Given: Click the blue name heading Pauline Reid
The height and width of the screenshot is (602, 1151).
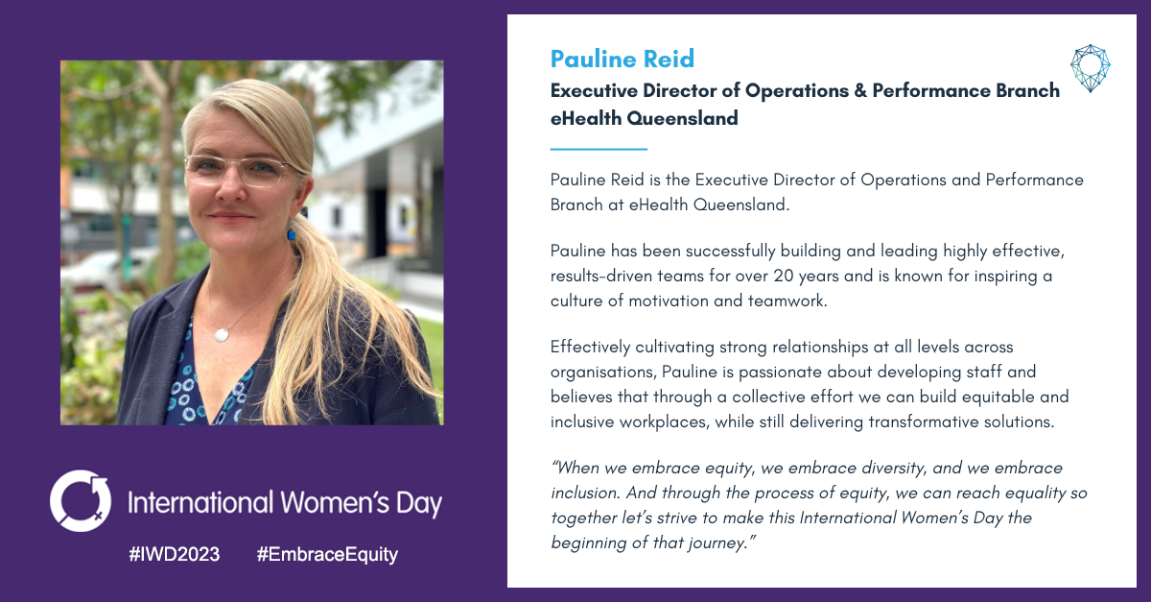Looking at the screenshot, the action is [x=622, y=59].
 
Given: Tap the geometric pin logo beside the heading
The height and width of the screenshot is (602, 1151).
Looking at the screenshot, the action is [x=1090, y=68].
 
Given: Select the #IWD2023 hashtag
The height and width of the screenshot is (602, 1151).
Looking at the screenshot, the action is [x=175, y=554].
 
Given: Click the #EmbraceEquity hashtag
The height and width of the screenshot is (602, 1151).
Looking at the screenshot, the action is [x=327, y=555].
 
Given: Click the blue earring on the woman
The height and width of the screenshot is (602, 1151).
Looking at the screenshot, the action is [x=292, y=234].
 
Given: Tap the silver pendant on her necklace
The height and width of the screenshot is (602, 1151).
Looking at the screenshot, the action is [x=222, y=335].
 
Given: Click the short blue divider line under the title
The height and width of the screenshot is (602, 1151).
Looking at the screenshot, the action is [x=599, y=149].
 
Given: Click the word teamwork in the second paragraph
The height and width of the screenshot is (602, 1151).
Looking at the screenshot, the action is [x=787, y=301].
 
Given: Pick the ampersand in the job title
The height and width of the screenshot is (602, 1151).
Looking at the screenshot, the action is [x=860, y=90].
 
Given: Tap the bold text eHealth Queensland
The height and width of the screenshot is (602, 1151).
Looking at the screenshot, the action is [x=645, y=118].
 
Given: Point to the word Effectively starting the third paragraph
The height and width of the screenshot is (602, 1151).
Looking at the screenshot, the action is [x=591, y=348].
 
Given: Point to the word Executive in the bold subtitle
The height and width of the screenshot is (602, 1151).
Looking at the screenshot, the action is [x=594, y=90].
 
